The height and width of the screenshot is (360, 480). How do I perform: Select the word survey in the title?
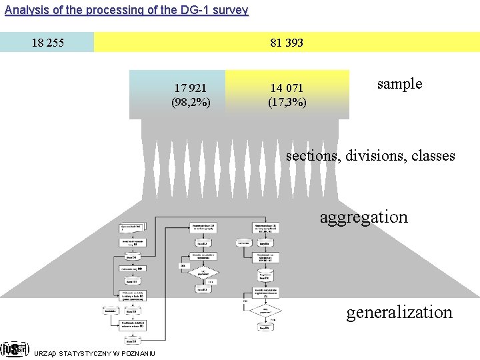coord(231,10)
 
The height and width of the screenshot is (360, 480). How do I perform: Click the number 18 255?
coord(48,43)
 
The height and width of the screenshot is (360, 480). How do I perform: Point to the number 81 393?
coord(287,43)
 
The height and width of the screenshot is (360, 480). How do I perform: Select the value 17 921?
coord(190,88)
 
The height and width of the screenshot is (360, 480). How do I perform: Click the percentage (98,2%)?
coord(191,102)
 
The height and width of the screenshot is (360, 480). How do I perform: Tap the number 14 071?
coord(287,88)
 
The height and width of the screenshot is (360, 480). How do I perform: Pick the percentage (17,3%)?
coord(287,102)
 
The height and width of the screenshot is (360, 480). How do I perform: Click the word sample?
coord(399,83)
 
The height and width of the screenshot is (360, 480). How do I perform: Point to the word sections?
coord(311,156)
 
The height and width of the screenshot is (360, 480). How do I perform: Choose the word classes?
coord(433,156)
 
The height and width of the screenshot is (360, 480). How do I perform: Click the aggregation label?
coord(363,217)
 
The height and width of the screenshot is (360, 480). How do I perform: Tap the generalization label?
coord(399,311)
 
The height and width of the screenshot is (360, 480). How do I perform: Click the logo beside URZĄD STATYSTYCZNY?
coord(14,349)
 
